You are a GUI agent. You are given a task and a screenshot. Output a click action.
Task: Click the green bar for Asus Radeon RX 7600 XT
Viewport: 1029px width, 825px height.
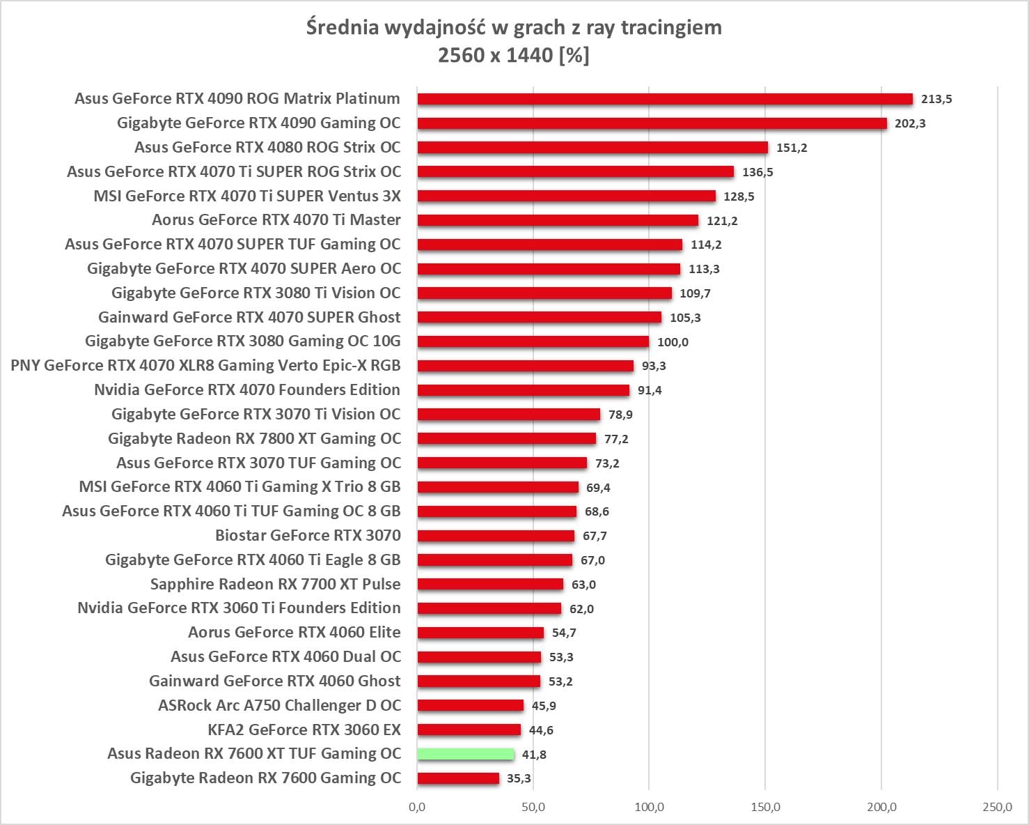click(x=466, y=754)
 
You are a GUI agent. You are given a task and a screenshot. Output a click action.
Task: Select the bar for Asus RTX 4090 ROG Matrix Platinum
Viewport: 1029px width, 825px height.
click(x=665, y=99)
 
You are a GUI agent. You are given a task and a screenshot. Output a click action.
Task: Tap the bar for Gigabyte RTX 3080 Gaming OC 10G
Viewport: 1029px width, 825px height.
click(x=533, y=341)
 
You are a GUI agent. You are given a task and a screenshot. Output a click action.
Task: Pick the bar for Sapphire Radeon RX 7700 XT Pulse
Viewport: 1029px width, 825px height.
click(x=490, y=584)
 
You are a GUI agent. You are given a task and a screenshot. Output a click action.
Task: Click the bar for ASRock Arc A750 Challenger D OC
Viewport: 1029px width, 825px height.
click(x=471, y=705)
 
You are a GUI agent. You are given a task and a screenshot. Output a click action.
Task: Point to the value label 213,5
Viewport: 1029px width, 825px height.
click(x=936, y=99)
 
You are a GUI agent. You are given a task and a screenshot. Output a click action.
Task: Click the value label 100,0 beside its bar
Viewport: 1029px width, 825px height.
click(x=673, y=342)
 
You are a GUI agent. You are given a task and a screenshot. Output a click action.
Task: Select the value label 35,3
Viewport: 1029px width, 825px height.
click(x=519, y=778)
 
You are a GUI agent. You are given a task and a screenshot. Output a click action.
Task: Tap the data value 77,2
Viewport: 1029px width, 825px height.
click(x=616, y=439)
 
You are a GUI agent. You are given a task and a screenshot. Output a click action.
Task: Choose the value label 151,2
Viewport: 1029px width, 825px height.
click(x=792, y=148)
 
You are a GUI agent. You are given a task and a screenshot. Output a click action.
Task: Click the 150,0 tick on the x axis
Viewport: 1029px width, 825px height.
click(x=765, y=807)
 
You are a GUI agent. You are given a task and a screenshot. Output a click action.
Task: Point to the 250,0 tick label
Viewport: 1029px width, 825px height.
click(x=997, y=807)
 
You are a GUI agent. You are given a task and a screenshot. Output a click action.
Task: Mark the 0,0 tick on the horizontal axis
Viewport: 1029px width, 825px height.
click(x=418, y=807)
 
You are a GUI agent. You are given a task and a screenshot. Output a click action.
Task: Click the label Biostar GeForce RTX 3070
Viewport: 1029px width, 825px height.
click(x=308, y=535)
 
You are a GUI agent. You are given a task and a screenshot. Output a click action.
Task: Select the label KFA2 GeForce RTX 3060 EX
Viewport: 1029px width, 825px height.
click(x=304, y=730)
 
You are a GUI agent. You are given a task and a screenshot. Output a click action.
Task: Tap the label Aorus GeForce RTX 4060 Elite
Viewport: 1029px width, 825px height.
click(x=294, y=632)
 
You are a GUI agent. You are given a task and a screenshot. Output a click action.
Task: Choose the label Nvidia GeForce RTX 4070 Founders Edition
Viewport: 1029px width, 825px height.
click(x=247, y=390)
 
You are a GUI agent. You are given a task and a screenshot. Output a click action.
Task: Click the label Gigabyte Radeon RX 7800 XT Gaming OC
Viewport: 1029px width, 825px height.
click(x=254, y=438)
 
